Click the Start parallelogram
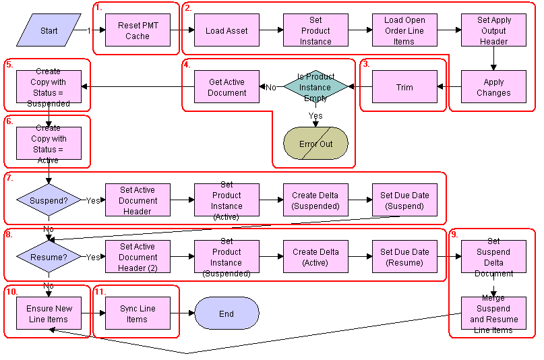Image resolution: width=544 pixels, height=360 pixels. click(x=49, y=30)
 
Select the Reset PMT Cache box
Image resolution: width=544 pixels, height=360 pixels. click(x=138, y=30)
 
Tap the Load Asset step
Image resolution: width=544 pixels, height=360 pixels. click(x=226, y=30)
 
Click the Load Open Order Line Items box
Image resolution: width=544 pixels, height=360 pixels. click(x=404, y=30)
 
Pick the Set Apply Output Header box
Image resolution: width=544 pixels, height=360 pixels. click(x=493, y=30)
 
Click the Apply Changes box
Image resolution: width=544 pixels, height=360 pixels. click(x=493, y=87)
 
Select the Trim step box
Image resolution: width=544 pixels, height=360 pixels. click(x=404, y=87)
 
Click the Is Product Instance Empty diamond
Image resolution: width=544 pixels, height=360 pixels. click(x=315, y=87)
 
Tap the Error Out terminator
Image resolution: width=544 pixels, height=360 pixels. click(x=315, y=144)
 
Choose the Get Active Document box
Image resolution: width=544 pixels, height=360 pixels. click(x=226, y=87)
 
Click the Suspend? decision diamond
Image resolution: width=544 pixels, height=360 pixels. click(x=49, y=200)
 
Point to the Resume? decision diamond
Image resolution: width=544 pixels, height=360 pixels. click(x=49, y=257)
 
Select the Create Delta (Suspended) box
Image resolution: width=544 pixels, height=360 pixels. click(x=315, y=200)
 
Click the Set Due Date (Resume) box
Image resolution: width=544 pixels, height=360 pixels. click(x=404, y=257)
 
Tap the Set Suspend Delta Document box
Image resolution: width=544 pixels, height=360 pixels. click(x=493, y=257)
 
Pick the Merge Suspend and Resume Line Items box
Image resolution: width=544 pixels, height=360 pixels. click(x=493, y=313)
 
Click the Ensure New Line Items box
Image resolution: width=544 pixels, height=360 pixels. click(x=49, y=313)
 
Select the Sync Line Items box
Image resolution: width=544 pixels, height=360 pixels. click(x=138, y=313)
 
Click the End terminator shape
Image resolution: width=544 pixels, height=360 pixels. click(x=226, y=313)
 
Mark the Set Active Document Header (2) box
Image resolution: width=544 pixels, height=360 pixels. click(x=138, y=257)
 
